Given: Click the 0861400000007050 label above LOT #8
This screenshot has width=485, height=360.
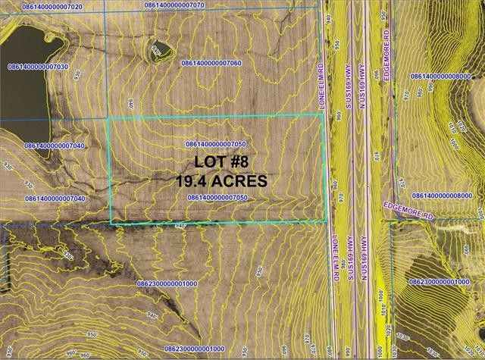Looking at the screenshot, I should click(217, 144).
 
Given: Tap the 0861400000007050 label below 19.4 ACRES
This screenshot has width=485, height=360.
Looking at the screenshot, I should click(217, 197).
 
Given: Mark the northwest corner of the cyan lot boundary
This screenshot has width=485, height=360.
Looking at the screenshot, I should click(108, 120).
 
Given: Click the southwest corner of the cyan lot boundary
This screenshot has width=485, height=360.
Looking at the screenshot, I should click(111, 224).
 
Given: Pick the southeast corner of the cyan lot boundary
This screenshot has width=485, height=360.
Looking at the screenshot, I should click(331, 220).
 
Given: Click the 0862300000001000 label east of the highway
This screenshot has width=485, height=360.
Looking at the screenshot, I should click(441, 281).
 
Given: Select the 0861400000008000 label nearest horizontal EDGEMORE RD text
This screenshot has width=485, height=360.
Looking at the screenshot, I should click(446, 196).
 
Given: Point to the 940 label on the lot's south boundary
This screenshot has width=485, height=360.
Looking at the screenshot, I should click(180, 227).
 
